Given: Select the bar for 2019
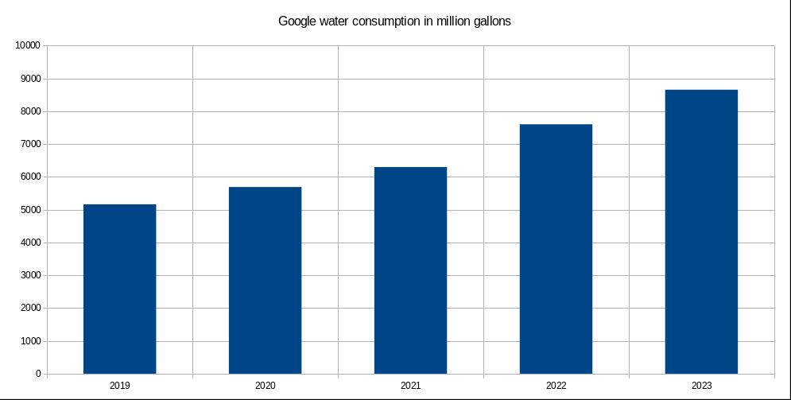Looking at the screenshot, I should coord(119,289).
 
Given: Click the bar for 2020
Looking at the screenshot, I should coord(265,280).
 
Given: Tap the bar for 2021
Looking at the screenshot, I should coord(410,270).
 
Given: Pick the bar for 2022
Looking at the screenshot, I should coord(556,249).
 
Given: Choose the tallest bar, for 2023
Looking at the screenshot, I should coord(701,231).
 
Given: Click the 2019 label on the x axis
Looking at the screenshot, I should coord(119,386).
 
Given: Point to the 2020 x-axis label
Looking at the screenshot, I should coord(265,386).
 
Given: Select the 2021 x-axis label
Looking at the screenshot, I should coord(410,386).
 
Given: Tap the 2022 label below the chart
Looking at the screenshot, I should coord(556,386).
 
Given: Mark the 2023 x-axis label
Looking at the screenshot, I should coord(701,386).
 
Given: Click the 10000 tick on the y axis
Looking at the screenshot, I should coord(28,46).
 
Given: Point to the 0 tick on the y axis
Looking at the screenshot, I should coord(37,374).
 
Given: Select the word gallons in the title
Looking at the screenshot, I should coord(489,21).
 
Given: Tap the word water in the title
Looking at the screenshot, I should coord(337,21).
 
